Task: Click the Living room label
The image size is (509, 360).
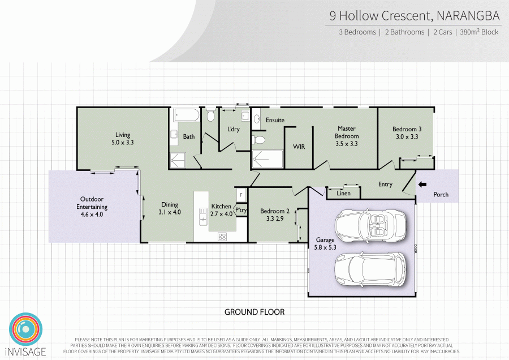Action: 123,135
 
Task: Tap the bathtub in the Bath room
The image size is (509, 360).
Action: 186,115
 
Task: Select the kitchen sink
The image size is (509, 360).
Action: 202,216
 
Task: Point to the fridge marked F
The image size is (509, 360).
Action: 241,195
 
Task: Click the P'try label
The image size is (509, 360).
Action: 241,211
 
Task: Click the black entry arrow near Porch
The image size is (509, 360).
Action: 422,183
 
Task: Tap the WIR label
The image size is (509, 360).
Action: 299,147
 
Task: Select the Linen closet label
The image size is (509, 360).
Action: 343,193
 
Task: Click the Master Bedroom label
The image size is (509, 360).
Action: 347,132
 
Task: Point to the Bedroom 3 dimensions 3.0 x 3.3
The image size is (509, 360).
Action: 407,136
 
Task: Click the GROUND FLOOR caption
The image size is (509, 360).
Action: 255,312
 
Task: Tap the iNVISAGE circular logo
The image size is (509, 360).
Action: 26,328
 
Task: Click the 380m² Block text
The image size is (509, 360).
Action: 480,32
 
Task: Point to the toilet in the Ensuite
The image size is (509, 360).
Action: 260,139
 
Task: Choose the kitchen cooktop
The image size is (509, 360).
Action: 222,238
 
